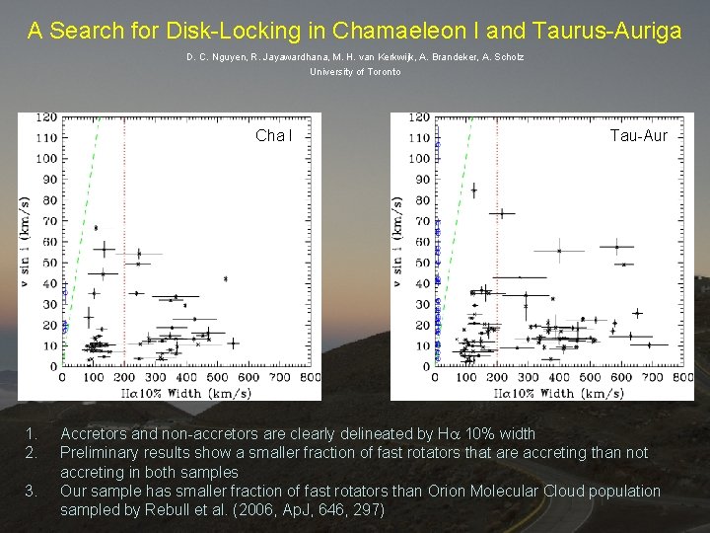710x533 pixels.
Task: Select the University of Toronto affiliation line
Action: click(355, 72)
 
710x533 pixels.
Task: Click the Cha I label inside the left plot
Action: click(273, 135)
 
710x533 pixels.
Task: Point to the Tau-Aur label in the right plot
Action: click(638, 135)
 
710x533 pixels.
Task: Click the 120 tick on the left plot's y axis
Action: click(46, 117)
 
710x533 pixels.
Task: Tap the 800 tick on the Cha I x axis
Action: click(311, 377)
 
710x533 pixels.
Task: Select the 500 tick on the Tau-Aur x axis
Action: click(591, 377)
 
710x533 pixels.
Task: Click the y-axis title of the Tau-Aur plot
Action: click(397, 242)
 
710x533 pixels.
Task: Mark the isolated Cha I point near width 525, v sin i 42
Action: click(226, 279)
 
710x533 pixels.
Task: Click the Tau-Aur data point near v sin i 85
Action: click(474, 190)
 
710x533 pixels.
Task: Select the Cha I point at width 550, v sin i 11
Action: click(233, 343)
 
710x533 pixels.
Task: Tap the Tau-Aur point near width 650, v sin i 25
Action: click(637, 314)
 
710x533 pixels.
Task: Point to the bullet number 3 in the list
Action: click(31, 491)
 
